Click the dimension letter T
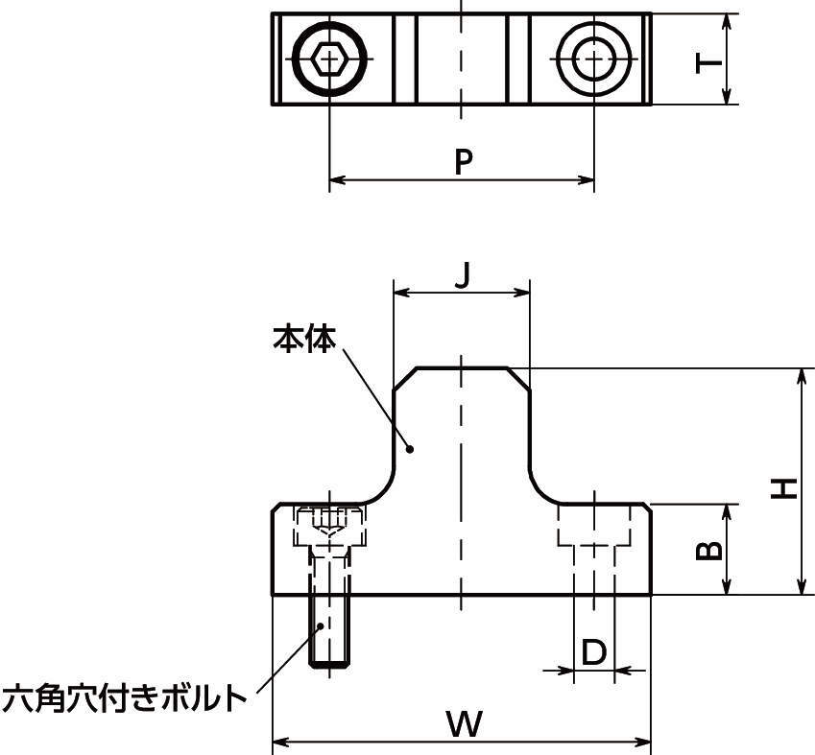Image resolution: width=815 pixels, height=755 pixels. [708, 63]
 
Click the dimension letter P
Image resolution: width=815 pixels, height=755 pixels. [464, 161]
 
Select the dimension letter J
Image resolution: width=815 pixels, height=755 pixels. [463, 276]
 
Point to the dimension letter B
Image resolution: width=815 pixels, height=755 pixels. [708, 550]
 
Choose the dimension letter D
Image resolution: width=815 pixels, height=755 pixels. [594, 653]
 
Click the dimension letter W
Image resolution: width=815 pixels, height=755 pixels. [465, 724]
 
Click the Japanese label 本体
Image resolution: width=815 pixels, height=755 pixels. [304, 339]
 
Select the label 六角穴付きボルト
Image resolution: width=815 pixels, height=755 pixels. [125, 697]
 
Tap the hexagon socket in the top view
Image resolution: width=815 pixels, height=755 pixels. [329, 59]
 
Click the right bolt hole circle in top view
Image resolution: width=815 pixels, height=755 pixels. [593, 59]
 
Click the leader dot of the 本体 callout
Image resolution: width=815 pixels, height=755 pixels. [410, 448]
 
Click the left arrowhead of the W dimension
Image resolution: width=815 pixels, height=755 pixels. [279, 741]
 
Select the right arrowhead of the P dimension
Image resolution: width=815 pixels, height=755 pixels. [587, 178]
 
